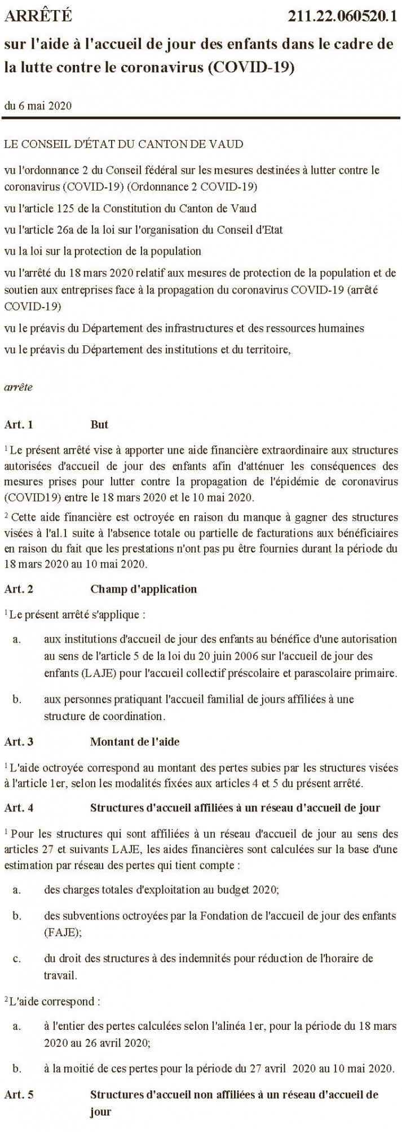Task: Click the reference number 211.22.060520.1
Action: tap(342, 17)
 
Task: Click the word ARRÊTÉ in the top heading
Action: tap(38, 17)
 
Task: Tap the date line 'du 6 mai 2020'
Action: tap(38, 106)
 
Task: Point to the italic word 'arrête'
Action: tap(18, 387)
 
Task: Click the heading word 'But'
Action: tap(99, 424)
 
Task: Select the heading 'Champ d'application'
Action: tap(143, 589)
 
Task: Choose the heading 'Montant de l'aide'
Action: tap(135, 741)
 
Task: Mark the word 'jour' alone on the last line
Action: tap(100, 1112)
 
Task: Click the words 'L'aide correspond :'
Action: tap(55, 1003)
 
